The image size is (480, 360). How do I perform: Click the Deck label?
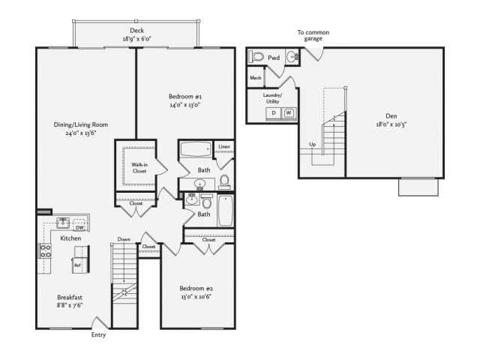(136, 30)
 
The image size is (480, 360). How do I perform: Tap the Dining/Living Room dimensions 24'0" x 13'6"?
(81, 133)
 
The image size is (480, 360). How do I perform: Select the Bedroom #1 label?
(185, 97)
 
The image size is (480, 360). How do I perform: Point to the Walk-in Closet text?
(139, 168)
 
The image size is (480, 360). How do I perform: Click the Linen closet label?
(224, 147)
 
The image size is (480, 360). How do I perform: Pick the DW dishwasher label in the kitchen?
(79, 227)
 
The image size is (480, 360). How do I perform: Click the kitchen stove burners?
(45, 250)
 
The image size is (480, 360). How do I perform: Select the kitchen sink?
(63, 223)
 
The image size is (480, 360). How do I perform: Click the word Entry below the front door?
(98, 334)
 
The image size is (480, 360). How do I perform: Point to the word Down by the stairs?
(124, 239)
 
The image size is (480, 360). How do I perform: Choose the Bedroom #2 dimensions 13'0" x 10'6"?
(196, 296)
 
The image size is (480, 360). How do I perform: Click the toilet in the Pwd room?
(256, 57)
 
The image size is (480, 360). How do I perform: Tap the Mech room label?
(256, 78)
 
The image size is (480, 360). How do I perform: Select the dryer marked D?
(274, 113)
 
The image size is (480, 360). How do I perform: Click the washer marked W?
(289, 113)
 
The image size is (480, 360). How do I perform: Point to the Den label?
(391, 116)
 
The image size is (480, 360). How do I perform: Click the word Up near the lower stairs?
(312, 144)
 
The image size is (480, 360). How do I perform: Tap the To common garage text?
(313, 35)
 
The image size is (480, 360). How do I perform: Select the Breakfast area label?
(70, 297)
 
